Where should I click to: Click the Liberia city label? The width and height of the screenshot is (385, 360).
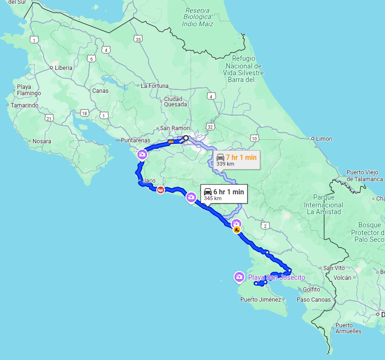[x=63, y=68]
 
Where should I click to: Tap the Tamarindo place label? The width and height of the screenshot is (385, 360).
[x=24, y=105]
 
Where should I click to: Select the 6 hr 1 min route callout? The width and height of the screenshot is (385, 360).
[x=224, y=193]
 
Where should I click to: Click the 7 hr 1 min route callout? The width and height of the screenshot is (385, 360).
[x=236, y=159]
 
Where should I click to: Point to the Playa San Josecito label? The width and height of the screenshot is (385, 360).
[x=276, y=277]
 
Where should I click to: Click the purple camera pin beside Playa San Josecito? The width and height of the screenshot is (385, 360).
[x=239, y=276]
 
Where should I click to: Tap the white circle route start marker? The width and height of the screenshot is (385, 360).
[x=185, y=138]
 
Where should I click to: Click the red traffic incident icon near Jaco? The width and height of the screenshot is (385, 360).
[x=160, y=190]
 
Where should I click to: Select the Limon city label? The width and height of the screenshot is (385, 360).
[x=324, y=139]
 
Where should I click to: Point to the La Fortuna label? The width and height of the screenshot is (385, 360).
[x=154, y=86]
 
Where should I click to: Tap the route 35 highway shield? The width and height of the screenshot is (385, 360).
[x=139, y=39]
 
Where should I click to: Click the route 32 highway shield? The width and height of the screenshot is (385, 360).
[x=210, y=127]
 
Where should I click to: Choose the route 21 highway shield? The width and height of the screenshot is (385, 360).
[x=49, y=118]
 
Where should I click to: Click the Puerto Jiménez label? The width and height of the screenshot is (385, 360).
[x=261, y=300]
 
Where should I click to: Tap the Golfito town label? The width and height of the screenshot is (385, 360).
[x=311, y=290]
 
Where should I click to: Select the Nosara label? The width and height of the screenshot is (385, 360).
[x=41, y=141]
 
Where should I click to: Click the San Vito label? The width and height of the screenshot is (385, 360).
[x=334, y=268]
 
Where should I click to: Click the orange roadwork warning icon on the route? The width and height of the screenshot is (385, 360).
[x=237, y=230]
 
